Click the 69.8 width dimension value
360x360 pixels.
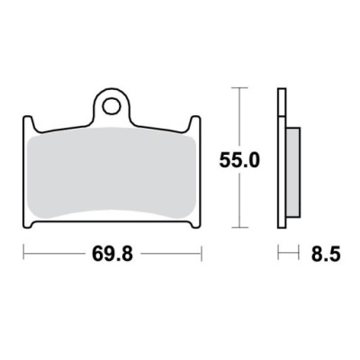(112, 255)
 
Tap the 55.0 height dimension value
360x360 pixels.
(239, 160)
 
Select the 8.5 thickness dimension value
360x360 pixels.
(326, 255)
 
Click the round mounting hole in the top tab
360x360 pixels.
(112, 105)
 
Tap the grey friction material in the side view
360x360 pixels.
(293, 172)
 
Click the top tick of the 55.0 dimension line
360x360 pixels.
(239, 88)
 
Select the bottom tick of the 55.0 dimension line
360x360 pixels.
(239, 228)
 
